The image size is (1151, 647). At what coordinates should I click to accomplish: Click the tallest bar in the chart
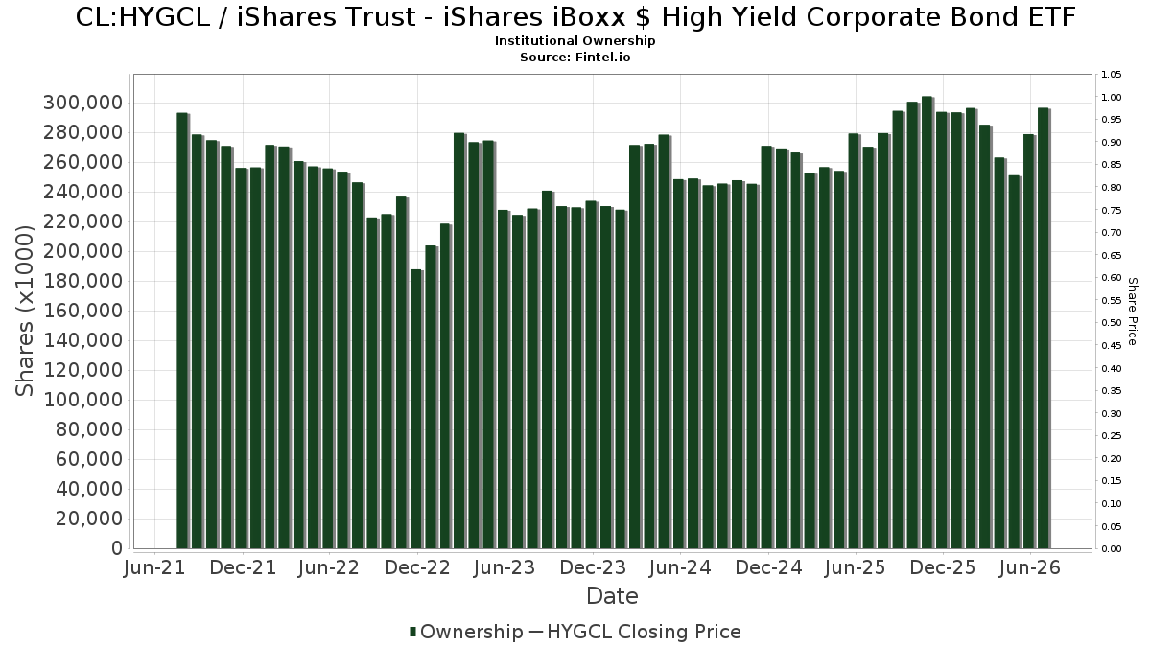(x=928, y=322)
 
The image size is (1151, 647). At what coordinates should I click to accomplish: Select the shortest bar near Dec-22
(x=416, y=409)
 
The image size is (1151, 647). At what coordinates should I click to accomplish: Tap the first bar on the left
(x=182, y=331)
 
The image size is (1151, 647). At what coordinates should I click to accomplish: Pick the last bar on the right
(x=1044, y=328)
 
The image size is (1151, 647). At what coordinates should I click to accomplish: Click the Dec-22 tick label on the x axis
(x=417, y=567)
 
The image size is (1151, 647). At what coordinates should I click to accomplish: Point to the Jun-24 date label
(x=680, y=567)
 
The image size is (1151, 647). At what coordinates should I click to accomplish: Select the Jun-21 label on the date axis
(x=154, y=567)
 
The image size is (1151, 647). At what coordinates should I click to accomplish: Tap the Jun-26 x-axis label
(x=1030, y=567)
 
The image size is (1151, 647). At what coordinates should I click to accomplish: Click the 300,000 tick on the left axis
(x=82, y=104)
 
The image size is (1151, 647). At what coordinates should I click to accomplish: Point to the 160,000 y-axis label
(x=82, y=311)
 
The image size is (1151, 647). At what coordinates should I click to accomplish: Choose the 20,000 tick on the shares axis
(x=89, y=519)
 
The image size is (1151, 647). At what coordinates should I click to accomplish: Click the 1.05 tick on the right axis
(x=1112, y=75)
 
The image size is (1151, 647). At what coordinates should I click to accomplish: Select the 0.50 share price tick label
(x=1112, y=323)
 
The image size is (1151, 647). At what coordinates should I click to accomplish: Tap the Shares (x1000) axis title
(x=24, y=312)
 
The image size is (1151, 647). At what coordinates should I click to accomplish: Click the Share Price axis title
(x=1132, y=312)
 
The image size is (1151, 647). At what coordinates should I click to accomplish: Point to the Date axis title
(x=613, y=596)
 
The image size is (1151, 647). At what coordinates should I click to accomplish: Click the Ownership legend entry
(x=466, y=632)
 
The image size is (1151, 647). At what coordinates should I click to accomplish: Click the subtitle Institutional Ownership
(x=575, y=41)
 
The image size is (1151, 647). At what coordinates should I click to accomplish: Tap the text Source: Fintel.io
(x=575, y=57)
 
